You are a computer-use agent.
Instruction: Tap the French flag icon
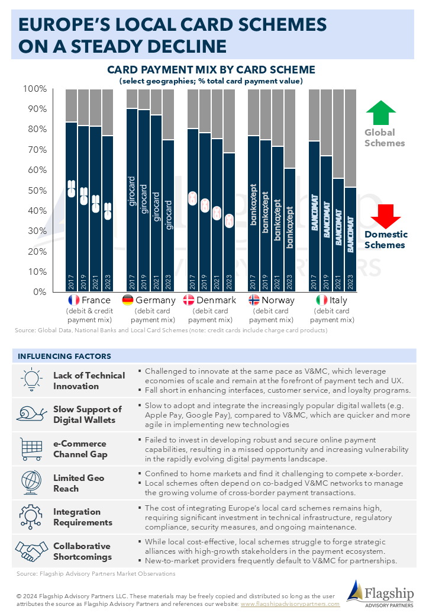pos(74,300)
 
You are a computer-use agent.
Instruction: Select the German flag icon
pos(127,300)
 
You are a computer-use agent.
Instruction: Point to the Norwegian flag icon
pos(254,300)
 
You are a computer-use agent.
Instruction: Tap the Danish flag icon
pos(189,300)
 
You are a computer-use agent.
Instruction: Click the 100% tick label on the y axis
pos(34,89)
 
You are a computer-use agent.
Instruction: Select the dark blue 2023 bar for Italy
pos(351,237)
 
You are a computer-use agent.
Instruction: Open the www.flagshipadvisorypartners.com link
pos(290,604)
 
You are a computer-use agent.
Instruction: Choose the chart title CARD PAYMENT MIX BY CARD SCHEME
pos(211,70)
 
